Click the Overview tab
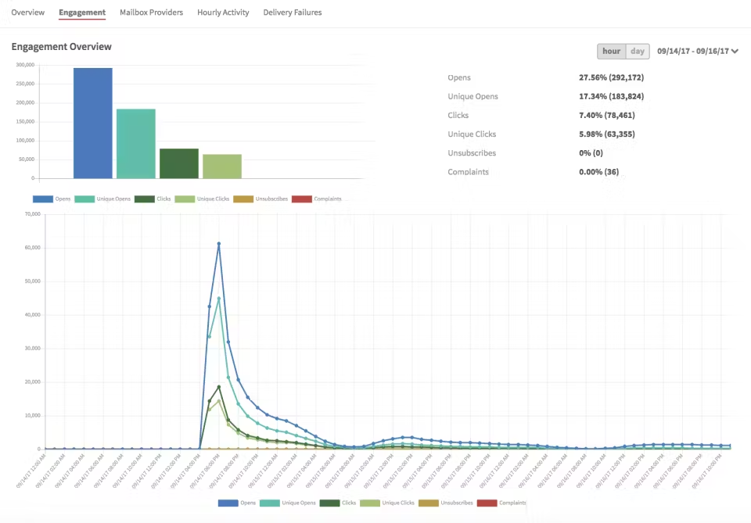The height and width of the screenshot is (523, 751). tap(27, 13)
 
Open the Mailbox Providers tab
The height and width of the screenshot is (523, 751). tap(151, 13)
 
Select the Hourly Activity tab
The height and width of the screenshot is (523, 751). tap(223, 13)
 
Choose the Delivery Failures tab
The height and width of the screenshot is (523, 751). tap(292, 13)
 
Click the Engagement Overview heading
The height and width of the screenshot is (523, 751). tap(61, 47)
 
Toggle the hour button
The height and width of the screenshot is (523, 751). tap(611, 52)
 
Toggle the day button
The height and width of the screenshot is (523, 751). tap(638, 52)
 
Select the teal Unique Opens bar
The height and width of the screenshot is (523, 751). tap(135, 144)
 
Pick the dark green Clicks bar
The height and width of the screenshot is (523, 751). tap(178, 163)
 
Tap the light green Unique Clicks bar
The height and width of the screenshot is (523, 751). tap(221, 167)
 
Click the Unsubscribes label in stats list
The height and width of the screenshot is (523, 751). tap(472, 153)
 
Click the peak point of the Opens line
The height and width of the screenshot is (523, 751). tap(219, 244)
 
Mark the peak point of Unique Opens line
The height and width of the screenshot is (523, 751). tap(219, 298)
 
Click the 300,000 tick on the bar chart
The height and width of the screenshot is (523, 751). tap(24, 65)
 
